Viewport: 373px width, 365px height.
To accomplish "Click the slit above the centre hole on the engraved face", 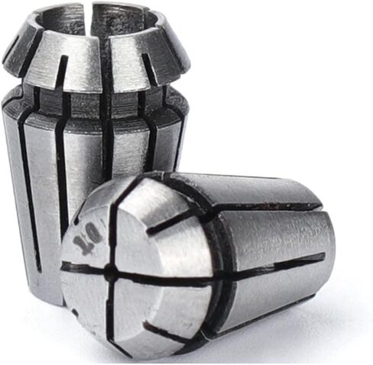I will click(111, 229).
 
